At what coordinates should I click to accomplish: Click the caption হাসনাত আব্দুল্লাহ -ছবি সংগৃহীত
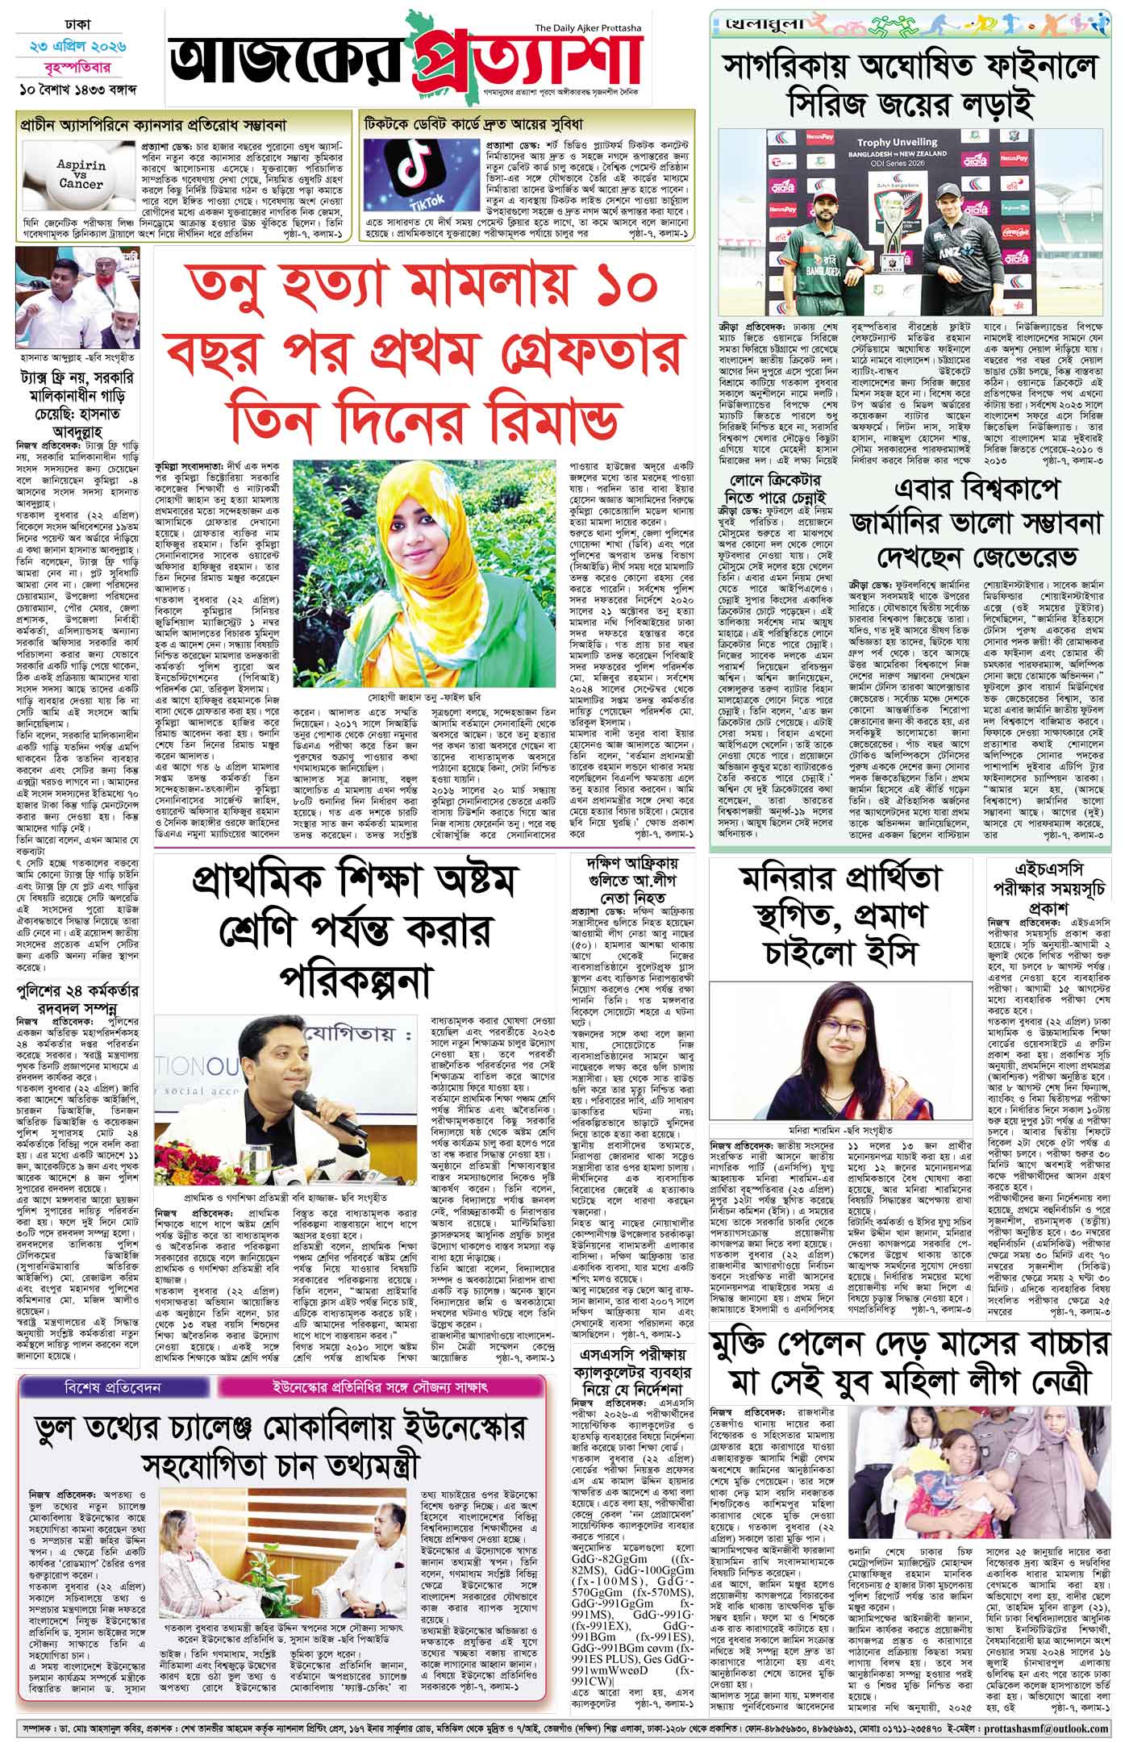[79, 354]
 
